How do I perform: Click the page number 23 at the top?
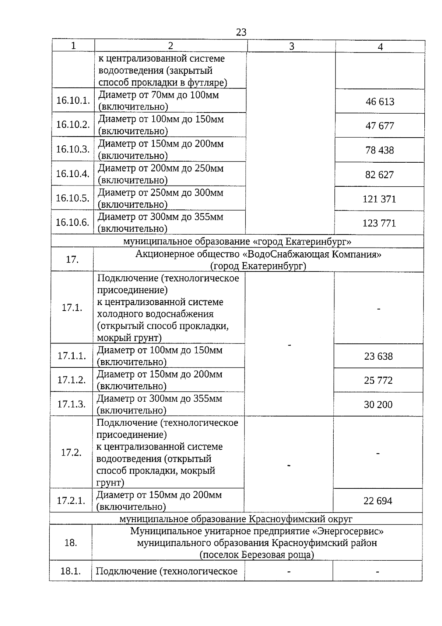pos(241,32)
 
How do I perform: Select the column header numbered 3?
pos(291,46)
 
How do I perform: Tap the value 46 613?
pos(380,101)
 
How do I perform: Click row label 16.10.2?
pos(73,124)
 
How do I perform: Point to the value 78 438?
pos(379,150)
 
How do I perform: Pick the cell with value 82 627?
pos(379,174)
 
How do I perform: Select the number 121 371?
pos(379,199)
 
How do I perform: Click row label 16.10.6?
pos(72,222)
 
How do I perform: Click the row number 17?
pos(72,259)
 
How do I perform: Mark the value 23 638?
pos(378,356)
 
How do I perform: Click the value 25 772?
pos(378,380)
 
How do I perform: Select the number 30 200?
pos(378,405)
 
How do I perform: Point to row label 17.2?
pos(71,452)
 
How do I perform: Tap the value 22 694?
pos(378,501)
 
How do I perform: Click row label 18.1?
pos(70,571)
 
